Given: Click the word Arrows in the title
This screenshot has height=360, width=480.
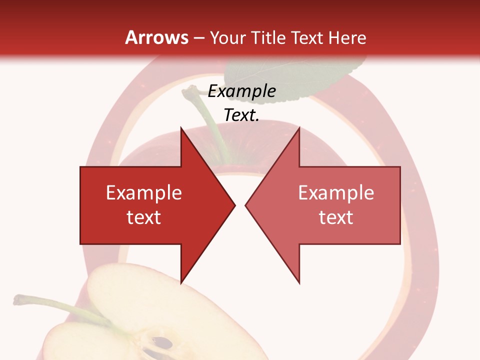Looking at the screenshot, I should coord(157,38).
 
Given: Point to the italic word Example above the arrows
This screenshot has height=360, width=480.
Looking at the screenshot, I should coord(241,91).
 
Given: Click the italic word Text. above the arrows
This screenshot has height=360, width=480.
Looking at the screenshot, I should coord(241,115).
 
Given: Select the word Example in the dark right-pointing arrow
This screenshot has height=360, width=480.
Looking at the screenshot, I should coord(144,193).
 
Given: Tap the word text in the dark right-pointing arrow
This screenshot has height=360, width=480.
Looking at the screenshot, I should coord(144,217).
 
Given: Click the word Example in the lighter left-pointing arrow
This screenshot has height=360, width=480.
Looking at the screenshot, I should coord(336,193).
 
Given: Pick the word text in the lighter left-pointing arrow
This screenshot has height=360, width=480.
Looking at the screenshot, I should coord(336,217).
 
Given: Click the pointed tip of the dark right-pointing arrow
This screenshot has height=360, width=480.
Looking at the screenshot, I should coord(234,205).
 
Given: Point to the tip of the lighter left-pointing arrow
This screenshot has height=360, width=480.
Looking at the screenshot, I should coord(246,205).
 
